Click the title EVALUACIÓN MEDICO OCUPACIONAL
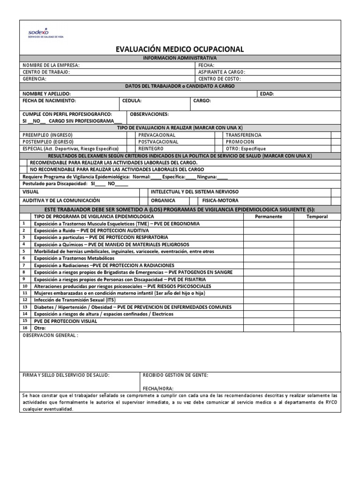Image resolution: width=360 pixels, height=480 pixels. coord(180,49)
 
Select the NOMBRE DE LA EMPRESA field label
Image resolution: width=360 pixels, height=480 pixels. coord(51,65)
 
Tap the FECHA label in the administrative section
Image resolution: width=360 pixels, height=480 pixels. coord(206,65)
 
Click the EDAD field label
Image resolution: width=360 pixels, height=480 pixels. coord(267,94)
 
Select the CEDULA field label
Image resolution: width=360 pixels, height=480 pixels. coord(132,101)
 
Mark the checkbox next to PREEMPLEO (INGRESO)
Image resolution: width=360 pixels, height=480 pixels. coord(132,135)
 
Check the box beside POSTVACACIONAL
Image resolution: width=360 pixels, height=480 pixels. coord(219,142)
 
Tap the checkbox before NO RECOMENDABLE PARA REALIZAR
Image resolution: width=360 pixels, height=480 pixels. coord(24,169)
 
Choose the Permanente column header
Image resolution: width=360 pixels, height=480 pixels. coord(268,217)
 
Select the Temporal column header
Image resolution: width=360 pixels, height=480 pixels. coord(317,217)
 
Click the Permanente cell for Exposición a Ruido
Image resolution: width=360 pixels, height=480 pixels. coord(268,231)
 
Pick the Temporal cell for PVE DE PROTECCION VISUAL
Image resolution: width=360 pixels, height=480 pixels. coord(317,321)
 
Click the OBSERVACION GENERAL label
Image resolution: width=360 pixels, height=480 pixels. coord(51,336)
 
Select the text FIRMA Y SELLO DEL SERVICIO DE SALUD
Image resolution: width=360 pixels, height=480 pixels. coord(66,375)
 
